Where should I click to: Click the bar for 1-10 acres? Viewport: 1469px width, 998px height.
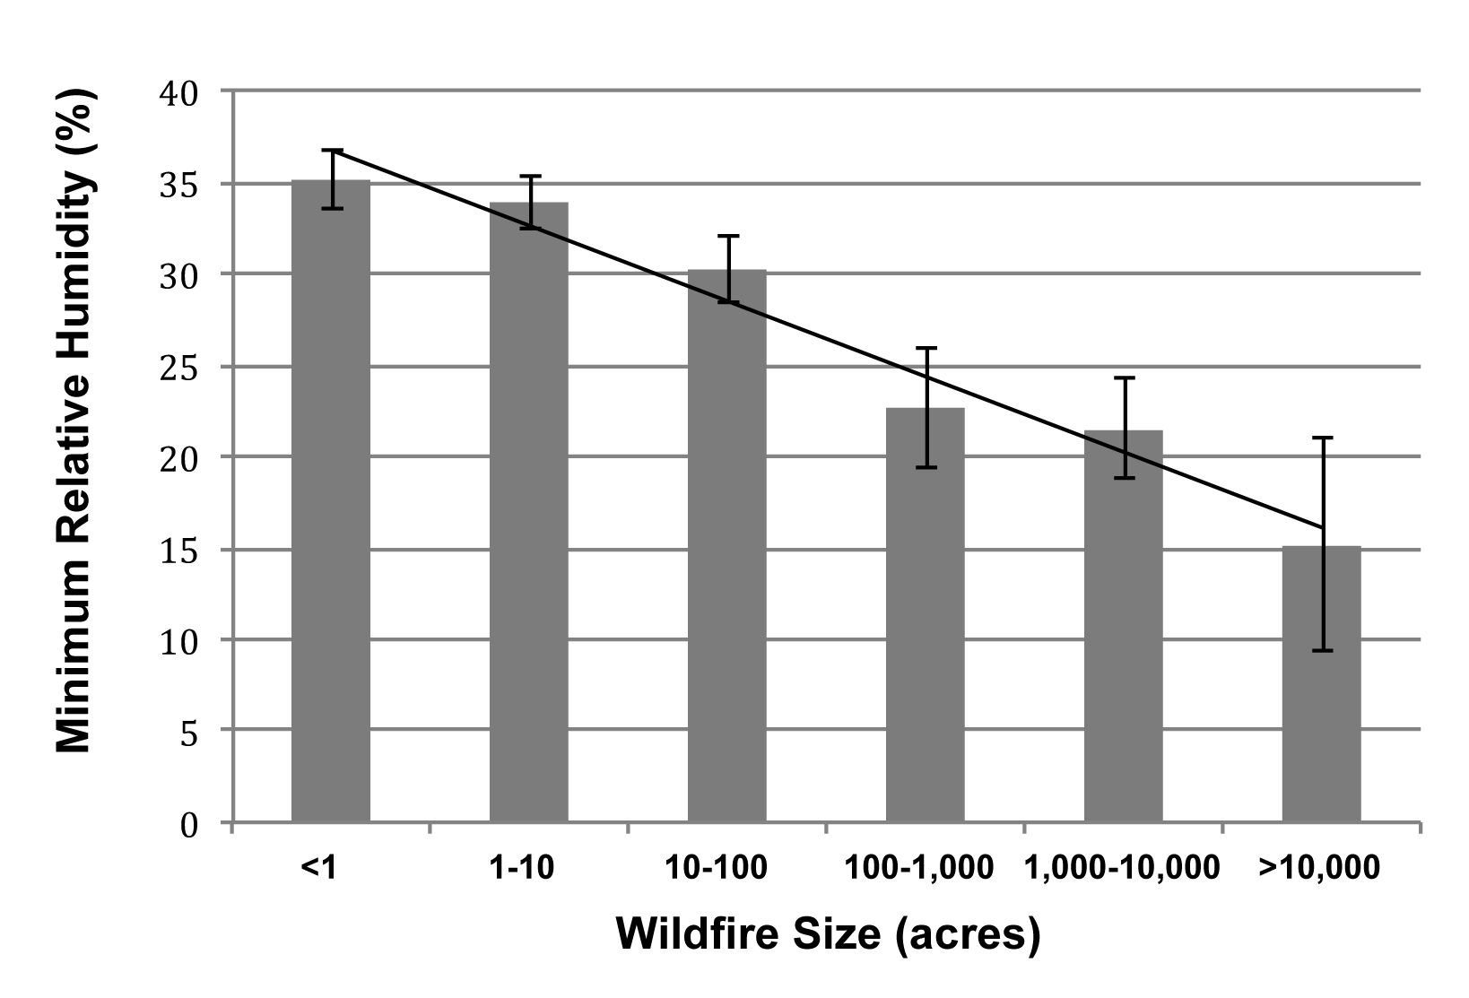tap(529, 512)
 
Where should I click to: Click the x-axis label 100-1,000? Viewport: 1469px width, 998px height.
tap(919, 869)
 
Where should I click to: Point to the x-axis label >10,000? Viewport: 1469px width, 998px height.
tap(1319, 869)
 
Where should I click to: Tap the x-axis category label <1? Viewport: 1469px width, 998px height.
tap(318, 869)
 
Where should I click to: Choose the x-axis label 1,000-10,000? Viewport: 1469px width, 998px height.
tap(1122, 869)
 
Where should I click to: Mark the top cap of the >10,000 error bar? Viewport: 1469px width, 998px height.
tap(1322, 438)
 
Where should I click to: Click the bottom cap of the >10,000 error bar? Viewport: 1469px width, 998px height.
tap(1322, 650)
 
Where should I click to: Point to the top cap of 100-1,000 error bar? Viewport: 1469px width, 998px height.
tap(926, 348)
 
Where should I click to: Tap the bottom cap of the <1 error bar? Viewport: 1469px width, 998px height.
tap(332, 208)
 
